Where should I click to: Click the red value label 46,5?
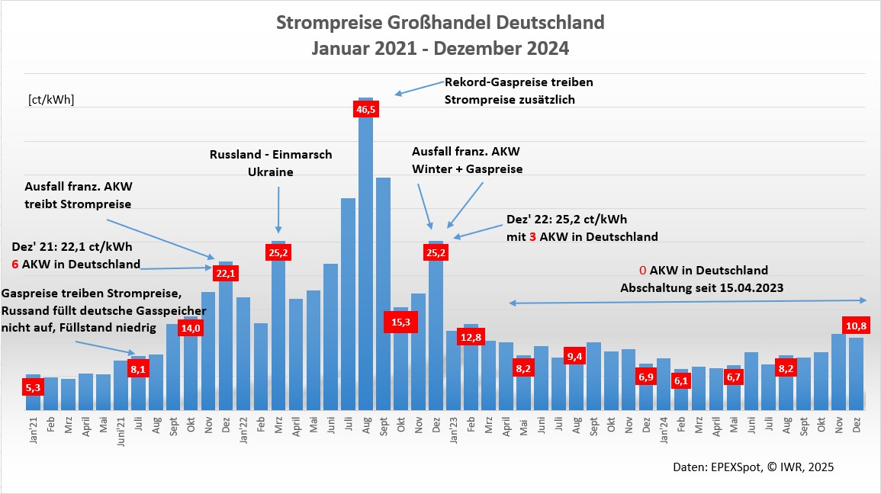(366, 109)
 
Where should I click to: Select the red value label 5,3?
(33, 388)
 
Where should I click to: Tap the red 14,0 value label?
(190, 328)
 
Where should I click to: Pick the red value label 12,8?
(471, 338)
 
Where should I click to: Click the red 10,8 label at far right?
(855, 326)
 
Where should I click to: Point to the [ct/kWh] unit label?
(51, 100)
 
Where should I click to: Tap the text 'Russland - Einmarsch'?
(271, 155)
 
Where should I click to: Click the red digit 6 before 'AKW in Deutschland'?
(15, 265)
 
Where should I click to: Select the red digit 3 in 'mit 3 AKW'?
(532, 237)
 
